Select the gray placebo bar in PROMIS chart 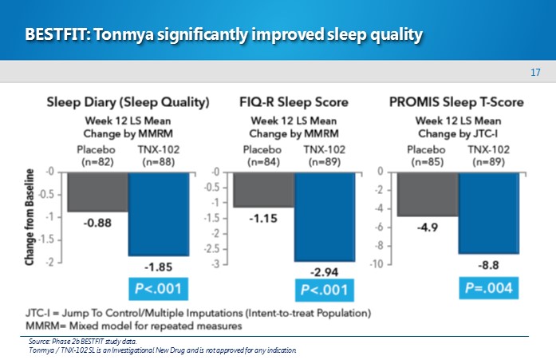click(428, 194)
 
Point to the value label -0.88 click(97, 224)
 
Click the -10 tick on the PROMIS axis click(383, 264)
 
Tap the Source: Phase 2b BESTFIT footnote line click(80, 342)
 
